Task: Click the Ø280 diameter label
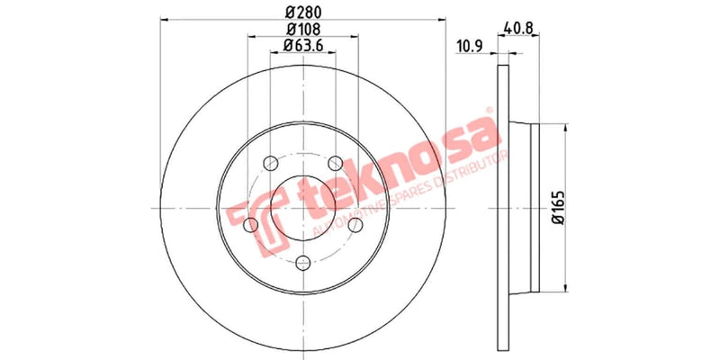tap(302, 13)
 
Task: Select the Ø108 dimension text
tap(302, 29)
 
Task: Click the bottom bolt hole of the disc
tap(302, 262)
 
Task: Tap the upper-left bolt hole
tap(270, 163)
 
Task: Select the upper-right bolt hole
tap(335, 163)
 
